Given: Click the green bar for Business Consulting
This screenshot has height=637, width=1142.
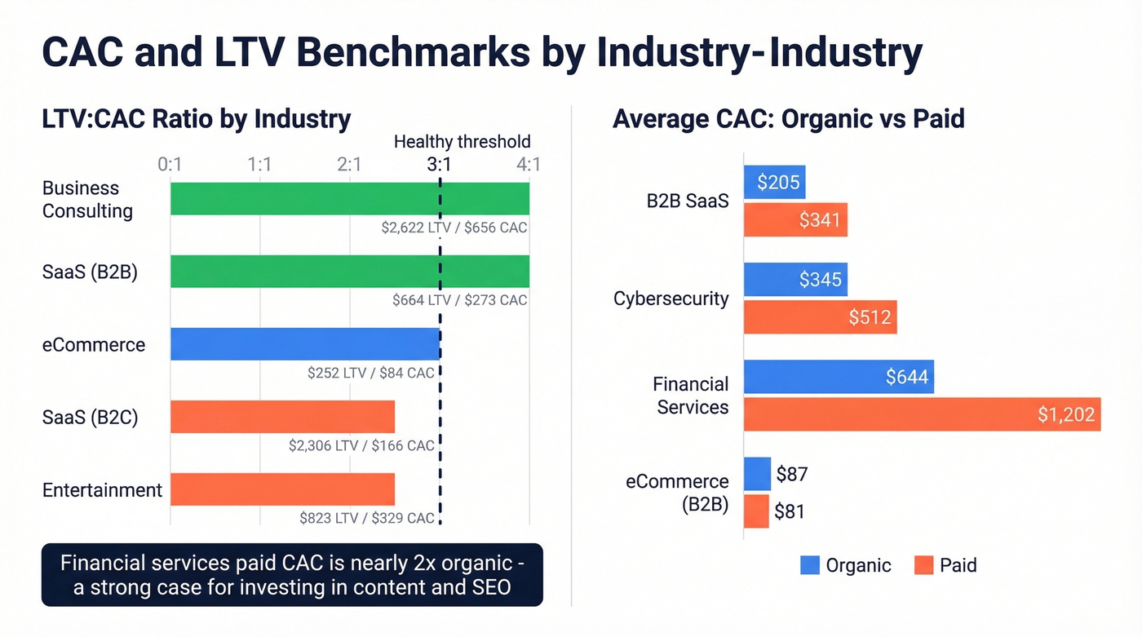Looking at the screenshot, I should click(349, 199).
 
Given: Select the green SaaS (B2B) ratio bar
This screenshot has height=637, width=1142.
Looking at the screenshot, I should click(349, 272).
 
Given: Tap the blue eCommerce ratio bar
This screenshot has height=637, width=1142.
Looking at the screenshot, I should click(305, 344).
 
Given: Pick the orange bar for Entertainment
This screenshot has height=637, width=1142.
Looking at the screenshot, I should click(282, 489).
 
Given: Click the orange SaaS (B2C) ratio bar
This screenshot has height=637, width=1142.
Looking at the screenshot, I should click(282, 417).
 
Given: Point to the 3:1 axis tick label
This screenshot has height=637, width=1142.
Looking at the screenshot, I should click(439, 165).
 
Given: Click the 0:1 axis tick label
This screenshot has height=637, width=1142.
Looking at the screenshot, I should click(170, 165).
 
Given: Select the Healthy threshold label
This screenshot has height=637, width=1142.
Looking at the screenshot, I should click(462, 142).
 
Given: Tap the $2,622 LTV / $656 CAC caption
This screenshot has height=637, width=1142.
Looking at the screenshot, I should click(454, 228).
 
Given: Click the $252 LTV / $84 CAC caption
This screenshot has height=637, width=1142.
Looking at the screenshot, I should click(371, 373).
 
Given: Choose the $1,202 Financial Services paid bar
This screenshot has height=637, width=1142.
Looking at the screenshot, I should click(922, 414).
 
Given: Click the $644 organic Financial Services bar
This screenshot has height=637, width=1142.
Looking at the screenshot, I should click(839, 377).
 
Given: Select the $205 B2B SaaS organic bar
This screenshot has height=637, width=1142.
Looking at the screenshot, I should click(774, 182).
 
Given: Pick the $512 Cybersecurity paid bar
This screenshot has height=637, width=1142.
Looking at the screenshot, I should click(820, 316).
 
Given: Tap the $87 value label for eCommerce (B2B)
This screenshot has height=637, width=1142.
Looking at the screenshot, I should click(791, 474).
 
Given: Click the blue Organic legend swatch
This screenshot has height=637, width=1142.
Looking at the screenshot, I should click(810, 565).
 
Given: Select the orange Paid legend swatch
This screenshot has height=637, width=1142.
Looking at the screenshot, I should click(923, 565).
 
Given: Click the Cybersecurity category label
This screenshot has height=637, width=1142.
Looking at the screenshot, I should click(671, 299).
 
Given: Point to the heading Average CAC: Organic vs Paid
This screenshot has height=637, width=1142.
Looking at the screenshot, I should click(788, 119).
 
